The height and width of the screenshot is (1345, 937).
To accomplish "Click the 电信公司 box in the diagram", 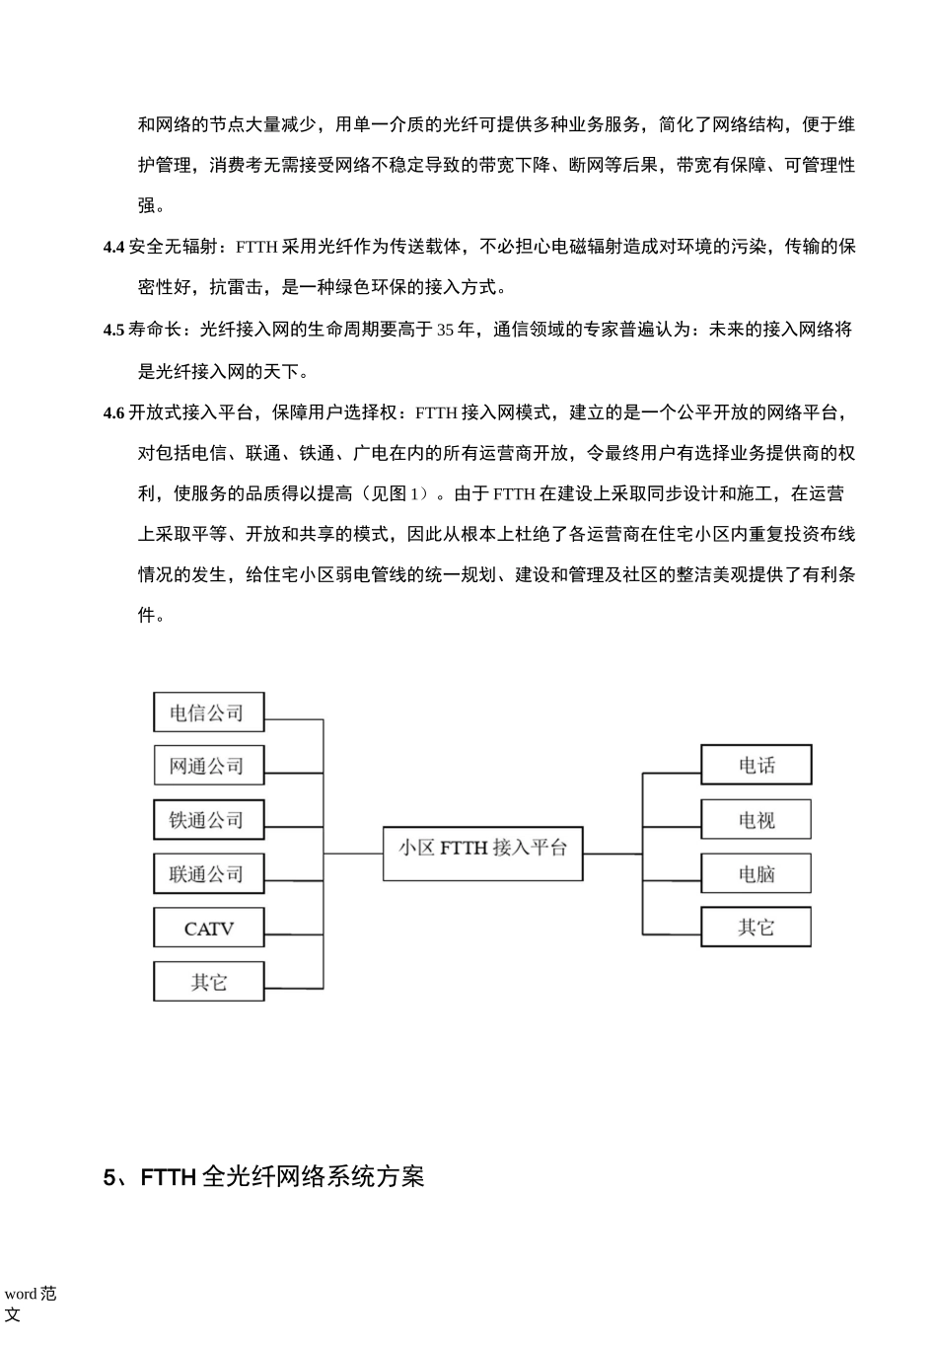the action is tap(208, 711).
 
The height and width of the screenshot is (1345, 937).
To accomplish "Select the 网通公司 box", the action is tap(208, 766).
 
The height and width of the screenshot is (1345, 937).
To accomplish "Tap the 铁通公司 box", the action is tap(208, 819).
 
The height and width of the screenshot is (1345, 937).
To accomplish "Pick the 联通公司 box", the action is tap(208, 873).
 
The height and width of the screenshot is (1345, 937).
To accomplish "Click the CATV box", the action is tap(208, 928).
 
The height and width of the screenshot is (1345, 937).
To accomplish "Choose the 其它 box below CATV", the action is tap(208, 982).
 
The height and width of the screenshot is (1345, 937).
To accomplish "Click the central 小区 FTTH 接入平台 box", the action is tap(482, 847).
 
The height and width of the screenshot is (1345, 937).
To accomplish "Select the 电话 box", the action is tap(756, 765).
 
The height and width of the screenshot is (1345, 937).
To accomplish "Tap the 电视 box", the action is tap(756, 819).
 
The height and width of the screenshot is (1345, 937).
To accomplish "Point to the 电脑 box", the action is tap(756, 873).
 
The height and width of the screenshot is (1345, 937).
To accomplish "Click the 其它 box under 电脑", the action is tap(756, 928).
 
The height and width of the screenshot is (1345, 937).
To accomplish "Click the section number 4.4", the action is tap(113, 248).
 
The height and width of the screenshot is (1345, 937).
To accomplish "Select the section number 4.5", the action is tap(113, 331).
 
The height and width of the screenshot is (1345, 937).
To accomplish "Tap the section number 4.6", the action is tap(113, 413).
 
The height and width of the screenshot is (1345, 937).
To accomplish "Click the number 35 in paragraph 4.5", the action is tap(446, 331).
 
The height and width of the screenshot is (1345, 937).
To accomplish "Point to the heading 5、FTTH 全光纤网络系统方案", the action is tap(264, 1177).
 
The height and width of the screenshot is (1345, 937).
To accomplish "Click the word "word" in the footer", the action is tap(21, 1294).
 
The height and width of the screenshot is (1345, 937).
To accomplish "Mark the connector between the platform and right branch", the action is tap(612, 854).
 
